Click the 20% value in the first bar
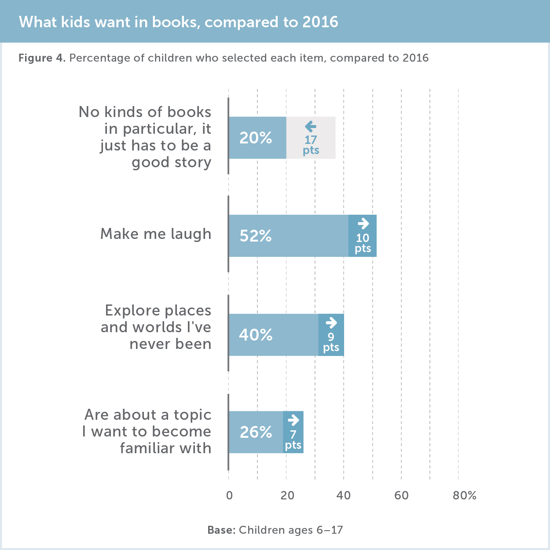(x=256, y=138)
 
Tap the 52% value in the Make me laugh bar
(x=256, y=236)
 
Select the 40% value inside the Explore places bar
(x=256, y=335)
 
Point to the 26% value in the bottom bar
(x=256, y=432)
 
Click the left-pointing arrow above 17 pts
(x=311, y=127)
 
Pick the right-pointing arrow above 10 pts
(x=363, y=224)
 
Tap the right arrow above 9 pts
(x=331, y=323)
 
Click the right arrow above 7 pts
(x=293, y=420)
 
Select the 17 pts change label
(x=311, y=145)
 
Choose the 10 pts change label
(x=363, y=243)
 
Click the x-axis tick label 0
(x=229, y=495)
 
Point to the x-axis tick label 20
(x=287, y=495)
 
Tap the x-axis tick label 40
(x=344, y=495)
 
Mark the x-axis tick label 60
(x=401, y=495)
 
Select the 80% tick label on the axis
(x=465, y=495)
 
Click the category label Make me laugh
(x=156, y=234)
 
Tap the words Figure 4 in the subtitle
(x=42, y=58)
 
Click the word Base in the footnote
(x=221, y=530)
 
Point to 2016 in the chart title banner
(x=320, y=22)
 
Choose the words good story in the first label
(x=172, y=162)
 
